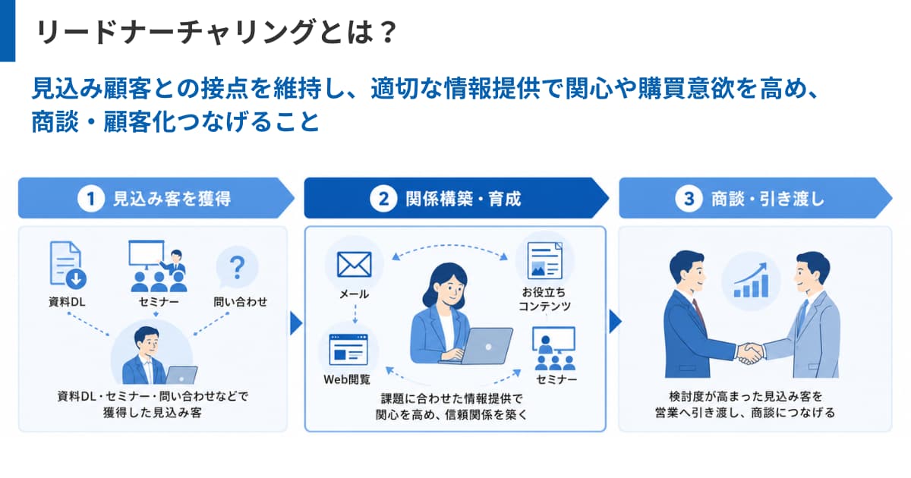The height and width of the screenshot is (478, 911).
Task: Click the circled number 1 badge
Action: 91,199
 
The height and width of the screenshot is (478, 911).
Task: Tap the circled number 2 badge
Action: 383,199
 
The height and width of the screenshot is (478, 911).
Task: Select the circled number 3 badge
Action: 689,199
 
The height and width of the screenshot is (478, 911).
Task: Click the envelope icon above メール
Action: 355,265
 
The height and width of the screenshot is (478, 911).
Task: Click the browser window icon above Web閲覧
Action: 348,350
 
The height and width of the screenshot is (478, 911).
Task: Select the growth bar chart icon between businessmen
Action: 751,281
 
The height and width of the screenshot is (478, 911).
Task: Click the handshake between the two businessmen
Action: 750,354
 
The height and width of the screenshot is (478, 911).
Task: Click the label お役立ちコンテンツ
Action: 544,299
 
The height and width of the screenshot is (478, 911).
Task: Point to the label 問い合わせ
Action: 241,302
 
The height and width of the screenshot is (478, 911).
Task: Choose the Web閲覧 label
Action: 347,379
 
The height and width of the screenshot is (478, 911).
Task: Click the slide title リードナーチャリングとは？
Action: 216,32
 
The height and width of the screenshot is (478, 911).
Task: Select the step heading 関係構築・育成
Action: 463,199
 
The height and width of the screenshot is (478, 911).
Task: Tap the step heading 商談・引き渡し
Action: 768,199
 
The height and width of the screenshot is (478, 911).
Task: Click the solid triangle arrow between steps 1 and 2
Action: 296,323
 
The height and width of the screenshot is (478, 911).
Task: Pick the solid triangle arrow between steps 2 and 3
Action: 616,322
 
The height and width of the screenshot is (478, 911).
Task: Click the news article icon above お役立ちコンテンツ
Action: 544,260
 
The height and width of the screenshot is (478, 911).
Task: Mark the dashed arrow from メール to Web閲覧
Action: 355,314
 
